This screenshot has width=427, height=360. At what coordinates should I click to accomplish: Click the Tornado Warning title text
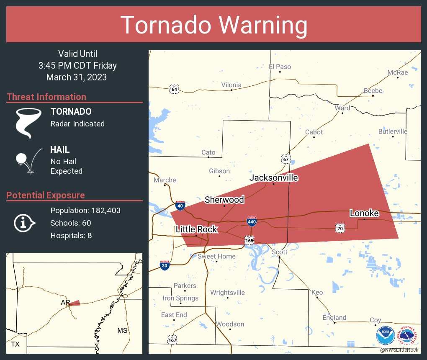(x=214, y=25)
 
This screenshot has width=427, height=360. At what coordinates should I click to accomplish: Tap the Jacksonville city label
(x=274, y=178)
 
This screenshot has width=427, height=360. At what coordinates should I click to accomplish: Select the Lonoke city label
(x=364, y=213)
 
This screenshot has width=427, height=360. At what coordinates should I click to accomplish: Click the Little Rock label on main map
(x=196, y=229)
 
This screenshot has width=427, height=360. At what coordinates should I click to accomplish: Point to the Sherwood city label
(x=224, y=200)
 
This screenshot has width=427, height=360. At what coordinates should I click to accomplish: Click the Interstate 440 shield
(x=252, y=221)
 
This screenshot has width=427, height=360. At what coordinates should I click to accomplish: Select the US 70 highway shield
(x=340, y=228)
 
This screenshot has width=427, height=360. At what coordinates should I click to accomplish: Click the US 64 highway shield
(x=175, y=89)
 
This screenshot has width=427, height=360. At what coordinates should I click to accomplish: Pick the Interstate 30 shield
(x=165, y=265)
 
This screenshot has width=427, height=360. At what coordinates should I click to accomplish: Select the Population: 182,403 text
(x=85, y=211)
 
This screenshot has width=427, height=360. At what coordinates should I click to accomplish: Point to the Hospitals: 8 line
(x=71, y=236)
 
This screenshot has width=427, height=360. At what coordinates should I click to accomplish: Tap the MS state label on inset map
(x=122, y=331)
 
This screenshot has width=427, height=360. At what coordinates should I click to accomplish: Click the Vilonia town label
(x=232, y=85)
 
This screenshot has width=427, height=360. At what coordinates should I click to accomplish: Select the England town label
(x=334, y=318)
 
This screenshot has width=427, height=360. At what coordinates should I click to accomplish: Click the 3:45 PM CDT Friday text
(x=77, y=66)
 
